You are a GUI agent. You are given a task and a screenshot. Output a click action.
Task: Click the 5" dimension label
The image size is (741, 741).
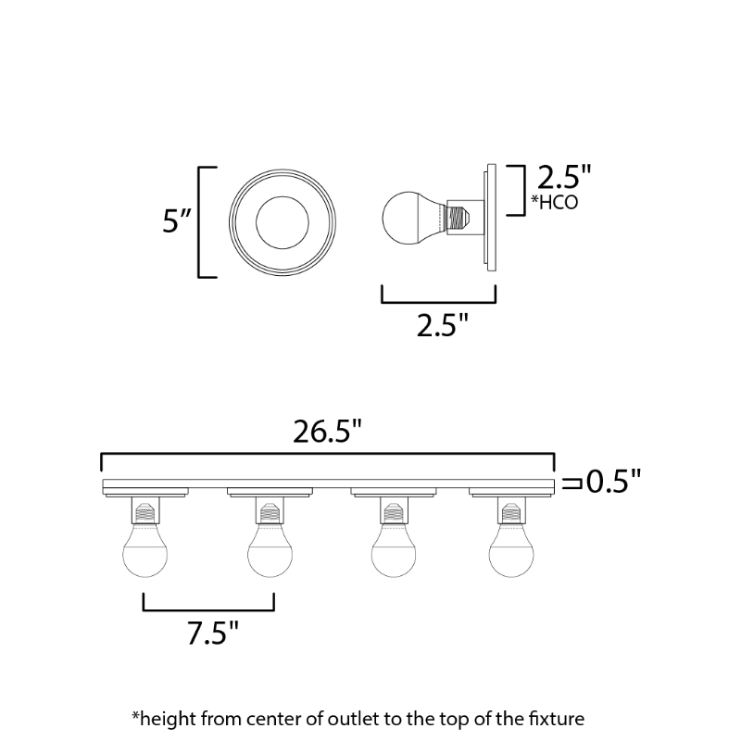click(176, 220)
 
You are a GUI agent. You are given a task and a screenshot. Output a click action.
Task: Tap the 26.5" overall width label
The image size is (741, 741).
click(327, 432)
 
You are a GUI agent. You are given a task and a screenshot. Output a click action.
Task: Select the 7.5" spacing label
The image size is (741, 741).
click(213, 633)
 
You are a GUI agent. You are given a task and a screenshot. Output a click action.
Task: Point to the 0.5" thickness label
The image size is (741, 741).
click(613, 482)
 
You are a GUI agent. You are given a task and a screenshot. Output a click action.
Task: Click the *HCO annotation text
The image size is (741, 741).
click(554, 202)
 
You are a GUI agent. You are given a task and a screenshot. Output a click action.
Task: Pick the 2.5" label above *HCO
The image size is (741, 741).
click(564, 177)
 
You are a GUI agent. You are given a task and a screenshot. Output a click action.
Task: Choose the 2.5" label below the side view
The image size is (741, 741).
click(443, 325)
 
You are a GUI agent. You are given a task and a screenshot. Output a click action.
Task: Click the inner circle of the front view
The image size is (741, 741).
click(283, 222)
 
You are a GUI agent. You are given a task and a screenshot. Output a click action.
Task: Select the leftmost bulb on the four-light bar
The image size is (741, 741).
click(145, 549)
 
